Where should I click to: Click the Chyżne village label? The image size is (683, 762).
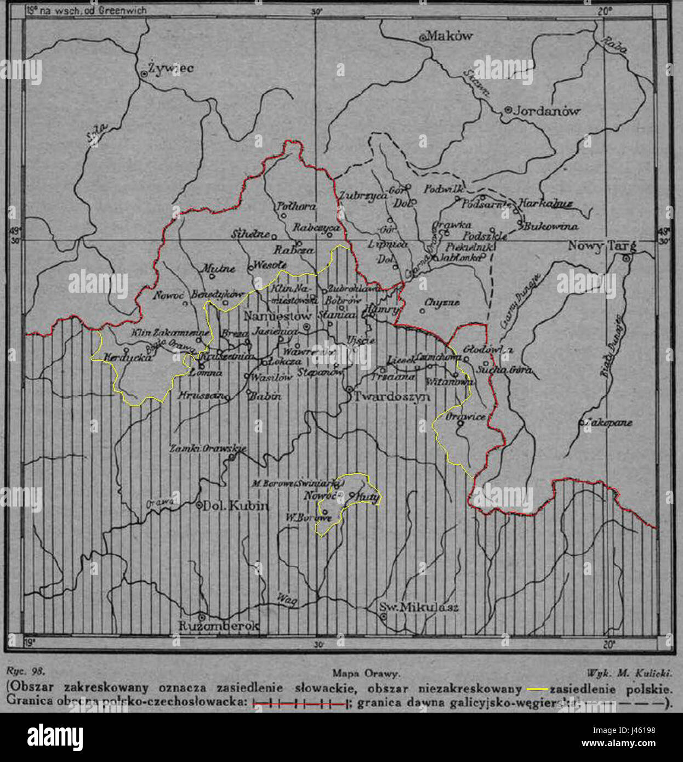[442, 302]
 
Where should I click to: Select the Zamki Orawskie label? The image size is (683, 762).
[207, 448]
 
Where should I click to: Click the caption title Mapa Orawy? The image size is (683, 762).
[366, 674]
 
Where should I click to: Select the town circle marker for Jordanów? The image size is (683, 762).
[508, 110]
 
